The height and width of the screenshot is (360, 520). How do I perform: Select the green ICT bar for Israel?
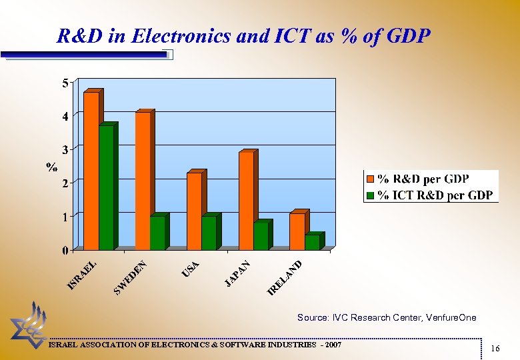106,187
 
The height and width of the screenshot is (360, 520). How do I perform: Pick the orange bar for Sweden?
143,181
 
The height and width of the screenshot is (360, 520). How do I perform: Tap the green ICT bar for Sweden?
157,233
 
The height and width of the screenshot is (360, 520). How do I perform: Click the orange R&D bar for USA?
194,211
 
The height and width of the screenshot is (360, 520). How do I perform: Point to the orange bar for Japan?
246,201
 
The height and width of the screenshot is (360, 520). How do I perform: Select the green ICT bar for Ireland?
312,242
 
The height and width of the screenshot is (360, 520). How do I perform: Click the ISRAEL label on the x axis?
83,275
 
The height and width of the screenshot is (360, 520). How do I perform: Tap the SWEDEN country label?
130,277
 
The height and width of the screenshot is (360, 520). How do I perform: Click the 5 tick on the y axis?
65,83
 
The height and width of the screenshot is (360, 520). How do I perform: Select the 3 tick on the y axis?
65,148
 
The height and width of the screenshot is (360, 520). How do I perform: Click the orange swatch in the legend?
370,179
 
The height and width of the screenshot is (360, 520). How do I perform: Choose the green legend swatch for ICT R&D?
370,195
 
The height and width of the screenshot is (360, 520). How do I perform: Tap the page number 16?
495,349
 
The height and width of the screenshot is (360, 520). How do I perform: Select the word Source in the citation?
313,318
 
